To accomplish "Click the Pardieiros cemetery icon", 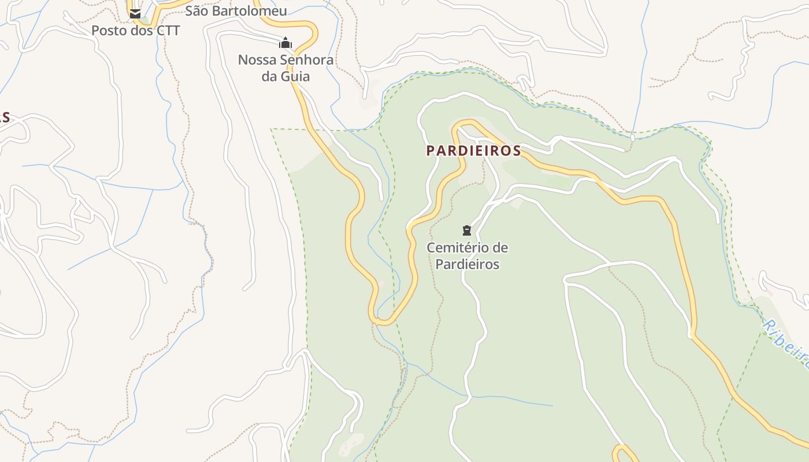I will [467, 230].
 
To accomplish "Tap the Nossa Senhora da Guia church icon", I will [285, 43].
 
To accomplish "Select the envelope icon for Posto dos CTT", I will [135, 13].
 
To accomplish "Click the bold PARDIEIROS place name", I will [474, 151].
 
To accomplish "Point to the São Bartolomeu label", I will [236, 11].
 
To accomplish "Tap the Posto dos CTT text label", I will [136, 31].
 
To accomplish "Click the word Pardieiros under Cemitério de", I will [467, 264].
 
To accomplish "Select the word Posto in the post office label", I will [109, 31].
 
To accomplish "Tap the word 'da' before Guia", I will [269, 77].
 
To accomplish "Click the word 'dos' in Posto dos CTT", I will [141, 31].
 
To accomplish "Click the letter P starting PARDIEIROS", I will [430, 151].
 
